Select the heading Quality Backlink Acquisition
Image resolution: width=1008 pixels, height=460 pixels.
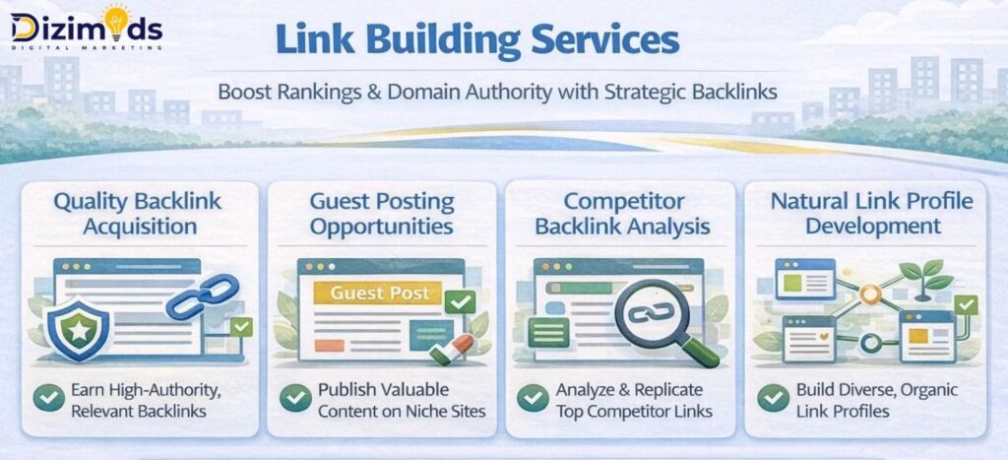138,214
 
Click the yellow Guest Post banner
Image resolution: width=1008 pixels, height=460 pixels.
379,293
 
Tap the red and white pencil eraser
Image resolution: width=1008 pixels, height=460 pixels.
452,347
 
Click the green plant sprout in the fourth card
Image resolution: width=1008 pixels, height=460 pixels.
923,279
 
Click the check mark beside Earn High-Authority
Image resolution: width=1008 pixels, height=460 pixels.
47,398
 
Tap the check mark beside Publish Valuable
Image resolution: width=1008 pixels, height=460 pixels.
294,398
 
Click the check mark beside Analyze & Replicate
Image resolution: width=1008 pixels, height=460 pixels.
533,398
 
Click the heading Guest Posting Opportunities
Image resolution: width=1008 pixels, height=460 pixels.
381,214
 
